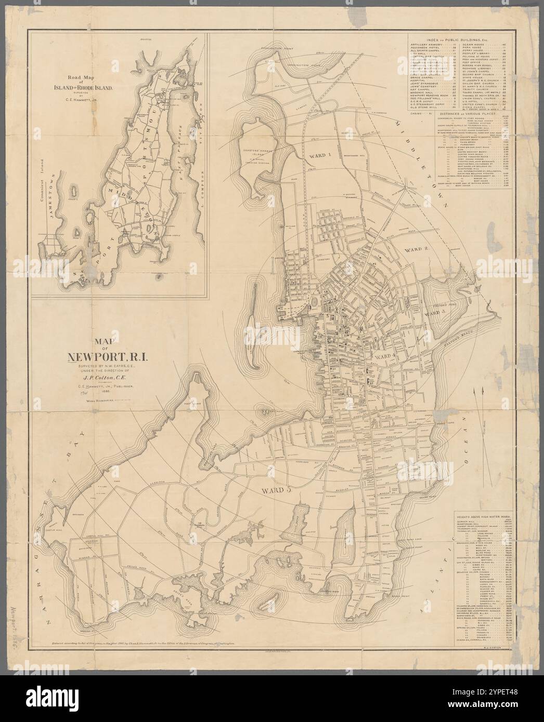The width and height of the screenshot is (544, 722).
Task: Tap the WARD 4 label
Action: [x=386, y=356]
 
